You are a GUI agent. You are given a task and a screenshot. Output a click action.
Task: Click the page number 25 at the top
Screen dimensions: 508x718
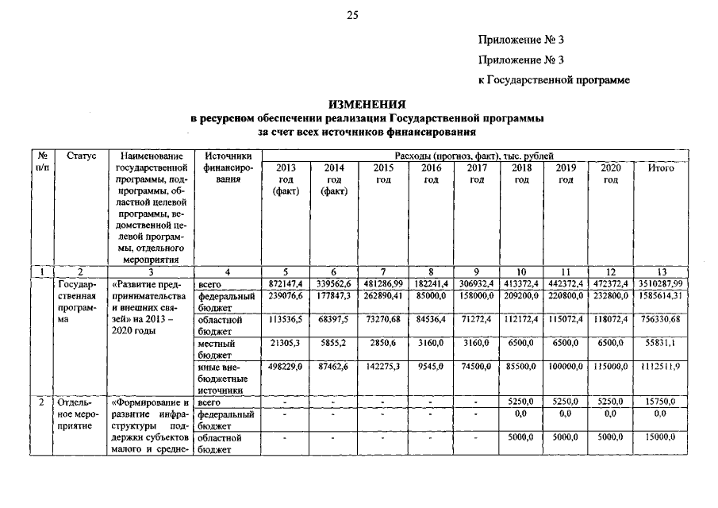[x=353, y=14]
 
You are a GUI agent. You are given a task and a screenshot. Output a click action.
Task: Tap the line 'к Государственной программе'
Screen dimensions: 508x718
[x=554, y=80]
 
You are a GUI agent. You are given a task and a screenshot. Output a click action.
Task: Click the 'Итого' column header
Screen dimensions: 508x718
[x=661, y=169]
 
